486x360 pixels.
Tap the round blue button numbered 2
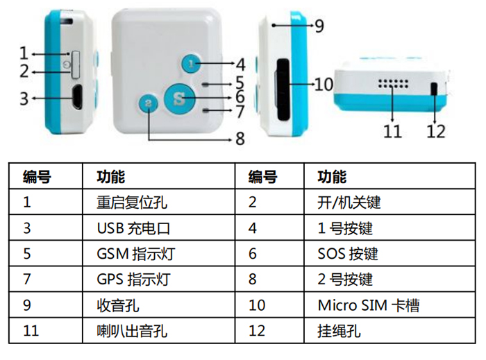148,103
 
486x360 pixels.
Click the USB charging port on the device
76,96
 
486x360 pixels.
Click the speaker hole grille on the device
392,85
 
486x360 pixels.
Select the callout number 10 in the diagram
324,85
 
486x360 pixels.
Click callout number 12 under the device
435,130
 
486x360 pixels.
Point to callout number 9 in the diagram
319,26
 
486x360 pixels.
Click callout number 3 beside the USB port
24,98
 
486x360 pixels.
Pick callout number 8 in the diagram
240,139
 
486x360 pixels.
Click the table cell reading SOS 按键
347,253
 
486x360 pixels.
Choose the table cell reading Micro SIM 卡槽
368,305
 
